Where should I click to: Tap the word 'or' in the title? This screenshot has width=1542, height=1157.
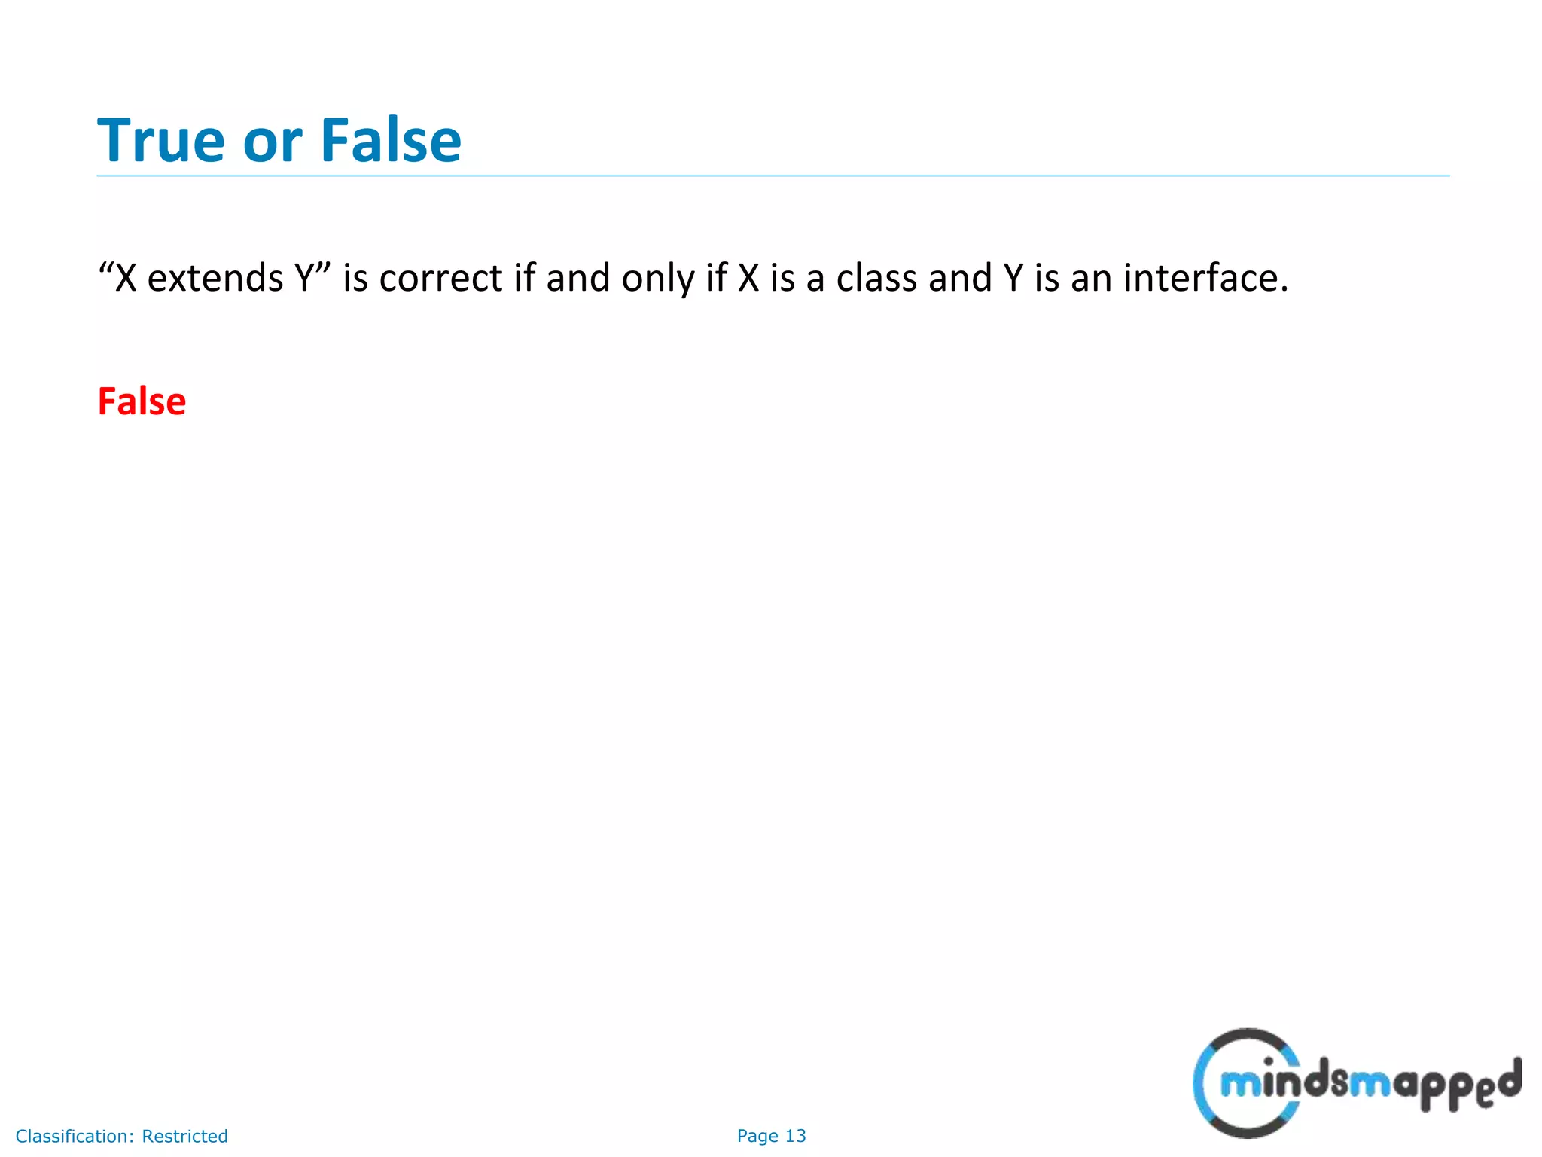coord(272,142)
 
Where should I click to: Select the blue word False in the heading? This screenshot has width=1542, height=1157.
coord(391,140)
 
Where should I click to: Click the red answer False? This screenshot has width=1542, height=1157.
coord(142,401)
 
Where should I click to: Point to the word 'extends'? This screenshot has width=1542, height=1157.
coord(215,278)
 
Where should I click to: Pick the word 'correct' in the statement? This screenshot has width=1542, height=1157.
coord(440,278)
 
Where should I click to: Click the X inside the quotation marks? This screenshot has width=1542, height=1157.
coord(126,278)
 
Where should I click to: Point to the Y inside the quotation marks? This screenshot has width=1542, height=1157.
coord(305,278)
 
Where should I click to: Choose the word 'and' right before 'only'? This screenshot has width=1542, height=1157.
coord(577,278)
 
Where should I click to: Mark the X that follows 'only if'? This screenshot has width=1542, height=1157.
coord(748,278)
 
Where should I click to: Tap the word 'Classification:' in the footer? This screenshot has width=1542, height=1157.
coord(75,1136)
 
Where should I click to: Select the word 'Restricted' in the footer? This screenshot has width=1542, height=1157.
coord(184,1136)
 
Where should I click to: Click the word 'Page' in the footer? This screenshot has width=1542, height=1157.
coord(757,1136)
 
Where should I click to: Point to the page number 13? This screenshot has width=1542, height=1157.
coord(795,1136)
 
